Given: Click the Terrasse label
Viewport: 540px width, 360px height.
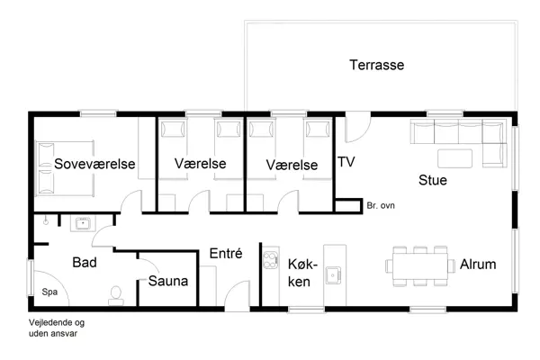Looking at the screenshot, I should coord(376,65).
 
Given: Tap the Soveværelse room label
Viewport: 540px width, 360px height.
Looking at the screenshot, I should coord(94,164).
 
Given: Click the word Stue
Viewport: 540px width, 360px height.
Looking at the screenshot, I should coord(433,180).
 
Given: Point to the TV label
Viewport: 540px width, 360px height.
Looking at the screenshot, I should coord(346,163).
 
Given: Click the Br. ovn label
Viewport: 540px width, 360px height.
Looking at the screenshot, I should coord(381,206).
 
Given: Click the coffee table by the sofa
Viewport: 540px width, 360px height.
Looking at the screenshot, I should coord(455,158).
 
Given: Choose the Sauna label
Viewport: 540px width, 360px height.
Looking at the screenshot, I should coord(168,282).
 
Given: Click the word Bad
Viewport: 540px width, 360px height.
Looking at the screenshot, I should coord(85,262).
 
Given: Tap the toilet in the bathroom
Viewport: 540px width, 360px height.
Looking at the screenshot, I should coord(115,292).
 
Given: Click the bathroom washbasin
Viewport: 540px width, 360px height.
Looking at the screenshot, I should coord(80,221).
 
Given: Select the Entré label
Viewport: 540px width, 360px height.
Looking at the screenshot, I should coord(226,255).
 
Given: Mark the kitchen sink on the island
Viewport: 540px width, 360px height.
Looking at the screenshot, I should coord(332,274).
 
